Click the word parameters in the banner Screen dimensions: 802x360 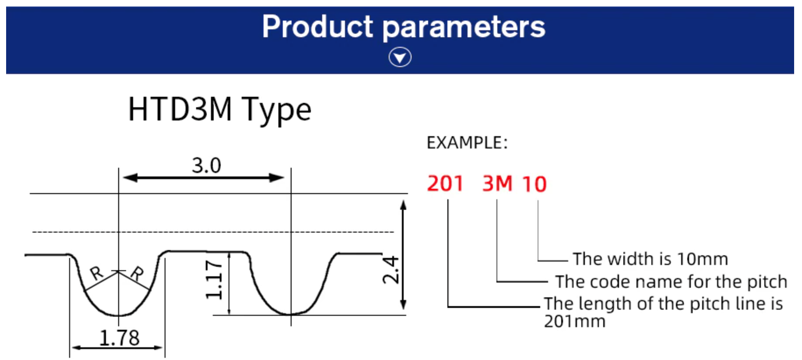coord(464,28)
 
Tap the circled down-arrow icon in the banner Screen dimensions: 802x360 coord(400,57)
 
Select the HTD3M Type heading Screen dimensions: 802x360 coord(220,109)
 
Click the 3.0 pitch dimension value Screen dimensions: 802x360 coord(207,166)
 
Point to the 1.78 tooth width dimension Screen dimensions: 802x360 coord(120,338)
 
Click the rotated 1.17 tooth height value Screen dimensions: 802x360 coord(215,280)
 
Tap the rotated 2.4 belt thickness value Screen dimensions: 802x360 coord(390,270)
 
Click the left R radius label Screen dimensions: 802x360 coord(96,273)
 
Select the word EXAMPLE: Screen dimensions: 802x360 coord(467,143)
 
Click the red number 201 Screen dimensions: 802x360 coord(445,184)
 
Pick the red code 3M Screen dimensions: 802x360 coord(497,184)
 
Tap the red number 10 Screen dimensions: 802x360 coord(535,184)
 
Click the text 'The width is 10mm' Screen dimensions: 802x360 coord(651,259)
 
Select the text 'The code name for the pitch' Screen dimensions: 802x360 coord(671,282)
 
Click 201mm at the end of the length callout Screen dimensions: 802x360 coord(575,321)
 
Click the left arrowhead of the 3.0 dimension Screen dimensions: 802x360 coord(130,178)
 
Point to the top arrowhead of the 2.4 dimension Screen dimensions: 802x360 coord(403,205)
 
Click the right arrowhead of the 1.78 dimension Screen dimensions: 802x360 coord(158,348)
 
